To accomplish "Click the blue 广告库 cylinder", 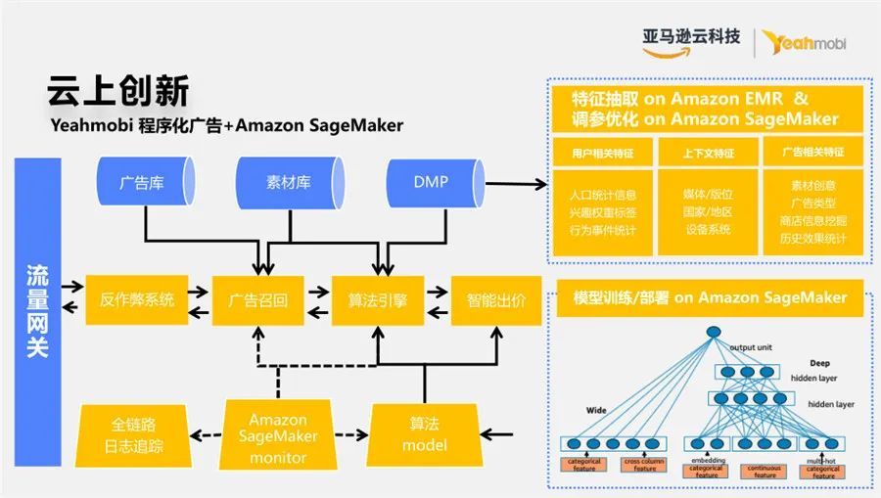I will pyautogui.click(x=141, y=183).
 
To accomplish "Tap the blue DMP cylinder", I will pyautogui.click(x=430, y=183).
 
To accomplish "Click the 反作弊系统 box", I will pyautogui.click(x=137, y=300).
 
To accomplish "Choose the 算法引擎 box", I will pyautogui.click(x=377, y=300).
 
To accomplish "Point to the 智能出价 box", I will pyautogui.click(x=494, y=300).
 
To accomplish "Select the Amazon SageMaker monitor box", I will pyautogui.click(x=278, y=431).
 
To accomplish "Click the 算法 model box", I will pyautogui.click(x=424, y=434).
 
